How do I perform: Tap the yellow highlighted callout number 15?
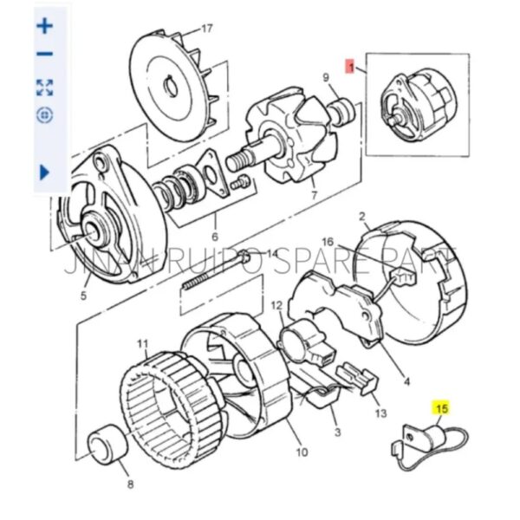(442, 407)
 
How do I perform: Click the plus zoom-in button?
(45, 25)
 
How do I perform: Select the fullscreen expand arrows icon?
(45, 86)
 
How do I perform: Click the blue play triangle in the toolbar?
(45, 172)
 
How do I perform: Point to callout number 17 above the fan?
(205, 29)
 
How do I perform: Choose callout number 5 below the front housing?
(84, 296)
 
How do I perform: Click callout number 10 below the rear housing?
(302, 451)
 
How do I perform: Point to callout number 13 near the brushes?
(381, 414)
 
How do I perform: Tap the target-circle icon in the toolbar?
(45, 114)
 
